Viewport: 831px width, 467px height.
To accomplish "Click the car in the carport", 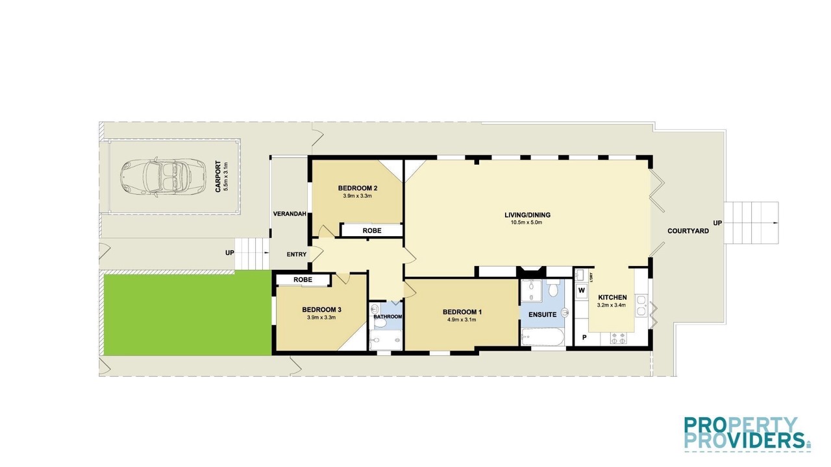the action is coord(162,176).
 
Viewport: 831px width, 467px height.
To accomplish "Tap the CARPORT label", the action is coord(218,176).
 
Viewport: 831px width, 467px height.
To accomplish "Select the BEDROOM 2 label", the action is coord(358,188).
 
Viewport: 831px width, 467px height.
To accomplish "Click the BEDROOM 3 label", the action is coord(321,310).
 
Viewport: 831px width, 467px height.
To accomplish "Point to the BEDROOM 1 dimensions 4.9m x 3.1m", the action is coord(462,320).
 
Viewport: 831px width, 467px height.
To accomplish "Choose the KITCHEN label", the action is coord(612,297).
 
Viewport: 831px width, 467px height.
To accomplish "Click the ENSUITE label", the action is coord(542,315).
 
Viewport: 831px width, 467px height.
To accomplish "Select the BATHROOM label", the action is coord(388,317).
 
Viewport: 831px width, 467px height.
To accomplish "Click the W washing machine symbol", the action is coord(581,290).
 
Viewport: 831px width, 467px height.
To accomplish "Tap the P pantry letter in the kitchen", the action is coord(584,337).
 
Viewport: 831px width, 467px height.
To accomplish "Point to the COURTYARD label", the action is coord(688,231).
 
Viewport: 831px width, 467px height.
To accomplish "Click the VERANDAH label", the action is coord(290,214).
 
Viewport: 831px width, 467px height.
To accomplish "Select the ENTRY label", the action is coord(297,254).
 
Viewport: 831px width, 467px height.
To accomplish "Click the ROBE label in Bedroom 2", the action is coord(372,230).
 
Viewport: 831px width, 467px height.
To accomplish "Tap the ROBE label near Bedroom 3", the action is coord(303,280).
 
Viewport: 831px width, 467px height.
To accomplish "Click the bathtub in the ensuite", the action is coord(542,337).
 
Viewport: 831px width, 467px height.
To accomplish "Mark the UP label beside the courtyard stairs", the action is coord(718,222).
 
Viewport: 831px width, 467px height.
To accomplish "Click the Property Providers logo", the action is coord(747,434).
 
